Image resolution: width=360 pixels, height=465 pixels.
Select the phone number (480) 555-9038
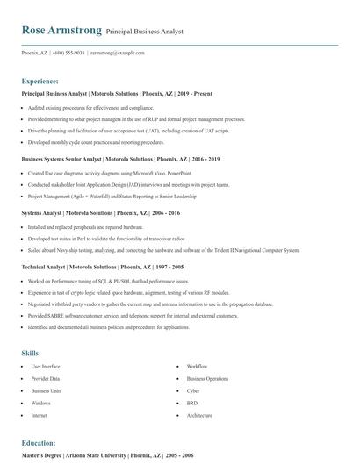pos(68,53)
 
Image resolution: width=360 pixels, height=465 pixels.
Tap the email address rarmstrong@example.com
pos(118,53)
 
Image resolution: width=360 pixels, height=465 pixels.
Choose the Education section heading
pos(39,443)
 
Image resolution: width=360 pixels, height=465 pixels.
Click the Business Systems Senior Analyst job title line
pos(120,159)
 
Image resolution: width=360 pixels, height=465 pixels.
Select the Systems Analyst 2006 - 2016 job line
pos(101,212)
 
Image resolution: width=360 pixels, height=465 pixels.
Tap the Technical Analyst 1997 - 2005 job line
pos(103,266)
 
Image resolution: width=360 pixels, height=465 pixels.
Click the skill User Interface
pos(46,366)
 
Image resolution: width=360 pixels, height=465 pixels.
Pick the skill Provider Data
pos(46,378)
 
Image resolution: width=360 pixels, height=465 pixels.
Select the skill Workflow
pos(197,366)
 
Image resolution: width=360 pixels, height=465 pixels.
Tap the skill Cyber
pos(193,390)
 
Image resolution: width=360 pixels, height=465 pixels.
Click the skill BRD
pos(192,403)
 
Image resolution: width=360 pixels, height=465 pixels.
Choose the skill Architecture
pos(199,415)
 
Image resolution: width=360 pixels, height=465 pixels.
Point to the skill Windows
pos(40,403)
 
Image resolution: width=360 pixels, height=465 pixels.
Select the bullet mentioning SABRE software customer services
pos(133,315)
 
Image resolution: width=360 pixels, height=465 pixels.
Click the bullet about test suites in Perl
pos(106,238)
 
